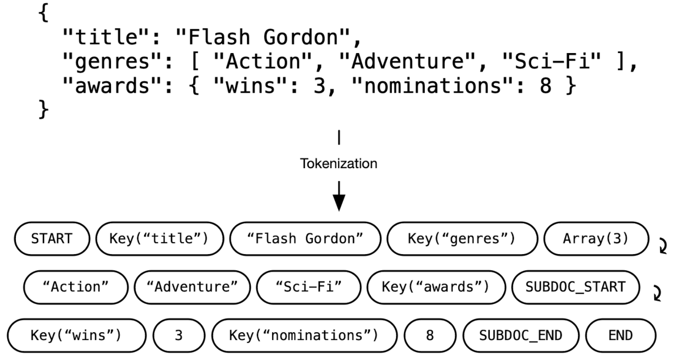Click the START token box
pos(52,239)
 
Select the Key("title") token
pos(159,239)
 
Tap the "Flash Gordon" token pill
pos(305,239)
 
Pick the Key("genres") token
pos(462,239)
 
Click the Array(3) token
pos(596,239)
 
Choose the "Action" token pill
pos(76,287)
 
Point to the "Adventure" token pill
pos(192,287)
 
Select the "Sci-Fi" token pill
pos(309,287)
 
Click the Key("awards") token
pos(436,287)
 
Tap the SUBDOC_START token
pos(575,287)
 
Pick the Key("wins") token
pos(76,335)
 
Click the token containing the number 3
pos(179,335)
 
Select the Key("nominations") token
pos(304,335)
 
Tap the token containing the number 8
pos(430,335)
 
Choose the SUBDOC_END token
pos(520,335)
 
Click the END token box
pos(620,335)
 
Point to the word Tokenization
pos(338,163)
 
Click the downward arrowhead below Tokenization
pos(338,203)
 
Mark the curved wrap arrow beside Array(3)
pos(662,246)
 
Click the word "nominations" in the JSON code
pos(433,86)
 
